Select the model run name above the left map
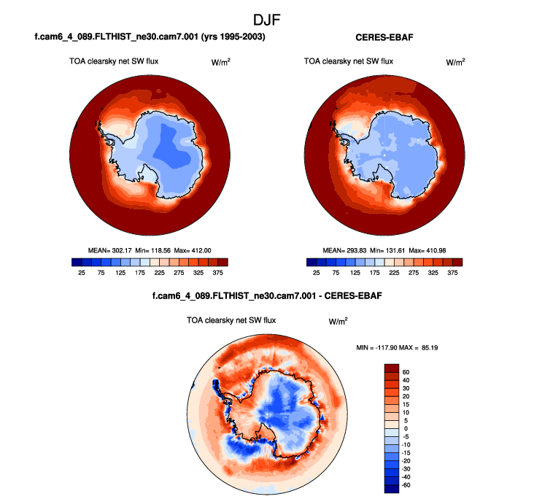(149, 36)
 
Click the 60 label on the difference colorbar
(405, 371)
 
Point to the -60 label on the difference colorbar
(406, 484)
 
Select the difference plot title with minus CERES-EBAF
(267, 297)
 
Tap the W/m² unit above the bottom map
(337, 321)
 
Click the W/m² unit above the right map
(455, 62)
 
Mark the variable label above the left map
(113, 61)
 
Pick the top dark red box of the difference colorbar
(391, 367)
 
